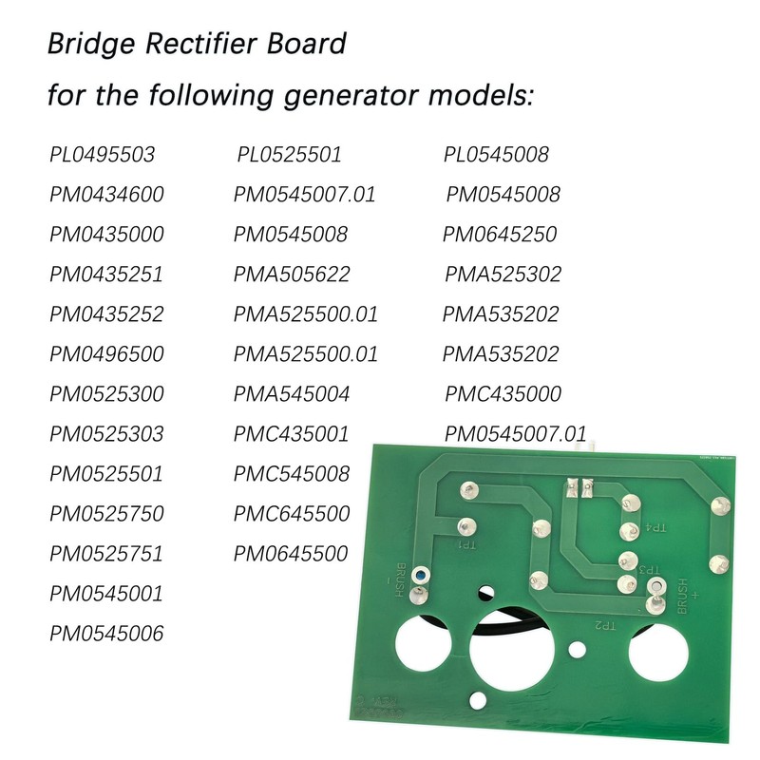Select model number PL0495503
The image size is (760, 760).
tap(102, 155)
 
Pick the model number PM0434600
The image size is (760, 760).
tap(107, 195)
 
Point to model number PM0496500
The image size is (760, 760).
tap(107, 354)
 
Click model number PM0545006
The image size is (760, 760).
tap(107, 634)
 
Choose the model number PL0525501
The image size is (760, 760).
tap(289, 155)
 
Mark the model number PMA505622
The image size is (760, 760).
tap(293, 275)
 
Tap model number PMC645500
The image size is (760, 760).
tap(293, 514)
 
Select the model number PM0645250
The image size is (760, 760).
tap(500, 235)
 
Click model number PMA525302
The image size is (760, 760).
tap(503, 275)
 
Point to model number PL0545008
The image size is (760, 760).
tap(497, 155)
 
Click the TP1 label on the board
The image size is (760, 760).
tap(466, 546)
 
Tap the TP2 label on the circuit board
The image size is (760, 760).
tap(605, 626)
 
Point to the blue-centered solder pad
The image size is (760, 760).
tap(421, 577)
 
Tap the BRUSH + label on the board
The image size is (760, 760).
tap(691, 596)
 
